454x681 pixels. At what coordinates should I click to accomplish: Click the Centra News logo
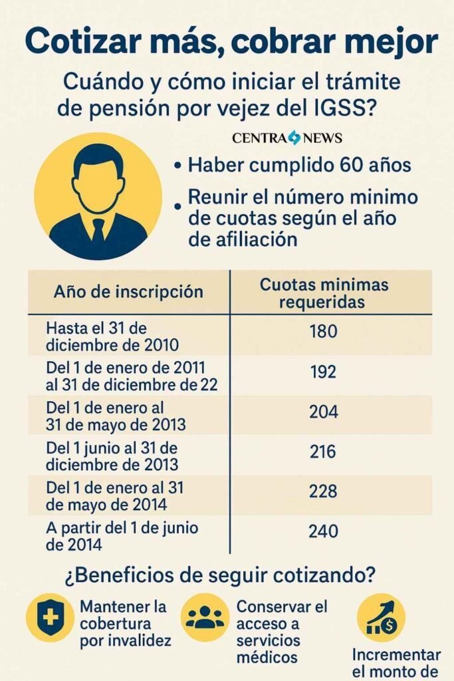[x=287, y=138]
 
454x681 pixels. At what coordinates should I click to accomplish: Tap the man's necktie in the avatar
[x=98, y=229]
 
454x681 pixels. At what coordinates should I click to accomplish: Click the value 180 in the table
[x=324, y=331]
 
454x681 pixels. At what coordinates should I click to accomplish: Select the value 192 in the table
[x=324, y=372]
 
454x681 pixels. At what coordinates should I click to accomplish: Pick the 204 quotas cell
[x=324, y=412]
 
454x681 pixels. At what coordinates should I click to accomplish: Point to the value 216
[x=324, y=452]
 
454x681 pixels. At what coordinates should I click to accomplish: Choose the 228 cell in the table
[x=324, y=491]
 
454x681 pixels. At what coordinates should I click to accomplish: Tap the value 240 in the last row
[x=324, y=531]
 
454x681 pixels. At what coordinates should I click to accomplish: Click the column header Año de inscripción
[x=128, y=291]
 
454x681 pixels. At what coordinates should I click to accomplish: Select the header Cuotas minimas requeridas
[x=324, y=293]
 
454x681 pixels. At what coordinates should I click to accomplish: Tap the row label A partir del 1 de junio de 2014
[x=112, y=536]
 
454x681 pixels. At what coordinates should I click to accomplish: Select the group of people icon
[x=205, y=618]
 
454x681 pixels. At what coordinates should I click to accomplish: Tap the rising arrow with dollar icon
[x=381, y=618]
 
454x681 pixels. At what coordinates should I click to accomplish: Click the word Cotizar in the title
[x=84, y=41]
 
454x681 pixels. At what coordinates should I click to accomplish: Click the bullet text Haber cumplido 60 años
[x=299, y=165]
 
